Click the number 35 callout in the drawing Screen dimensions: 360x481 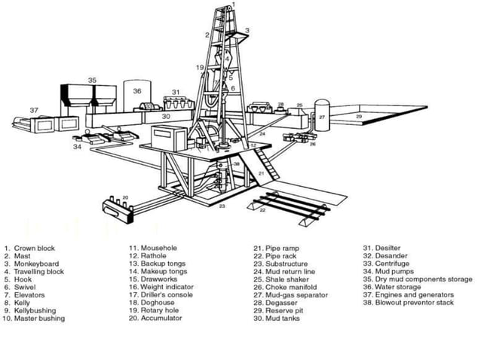pos(92,79)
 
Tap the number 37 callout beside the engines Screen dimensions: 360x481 pos(34,110)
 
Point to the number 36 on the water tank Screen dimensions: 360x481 pos(137,90)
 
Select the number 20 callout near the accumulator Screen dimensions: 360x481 pos(126,197)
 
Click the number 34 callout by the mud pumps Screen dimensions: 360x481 pos(77,147)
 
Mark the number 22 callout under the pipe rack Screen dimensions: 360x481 pos(262,211)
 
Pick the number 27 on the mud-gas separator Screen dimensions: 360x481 pos(321,117)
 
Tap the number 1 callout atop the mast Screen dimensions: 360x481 pos(234,5)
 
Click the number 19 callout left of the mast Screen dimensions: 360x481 pos(200,68)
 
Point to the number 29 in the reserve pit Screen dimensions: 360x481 pos(359,117)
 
